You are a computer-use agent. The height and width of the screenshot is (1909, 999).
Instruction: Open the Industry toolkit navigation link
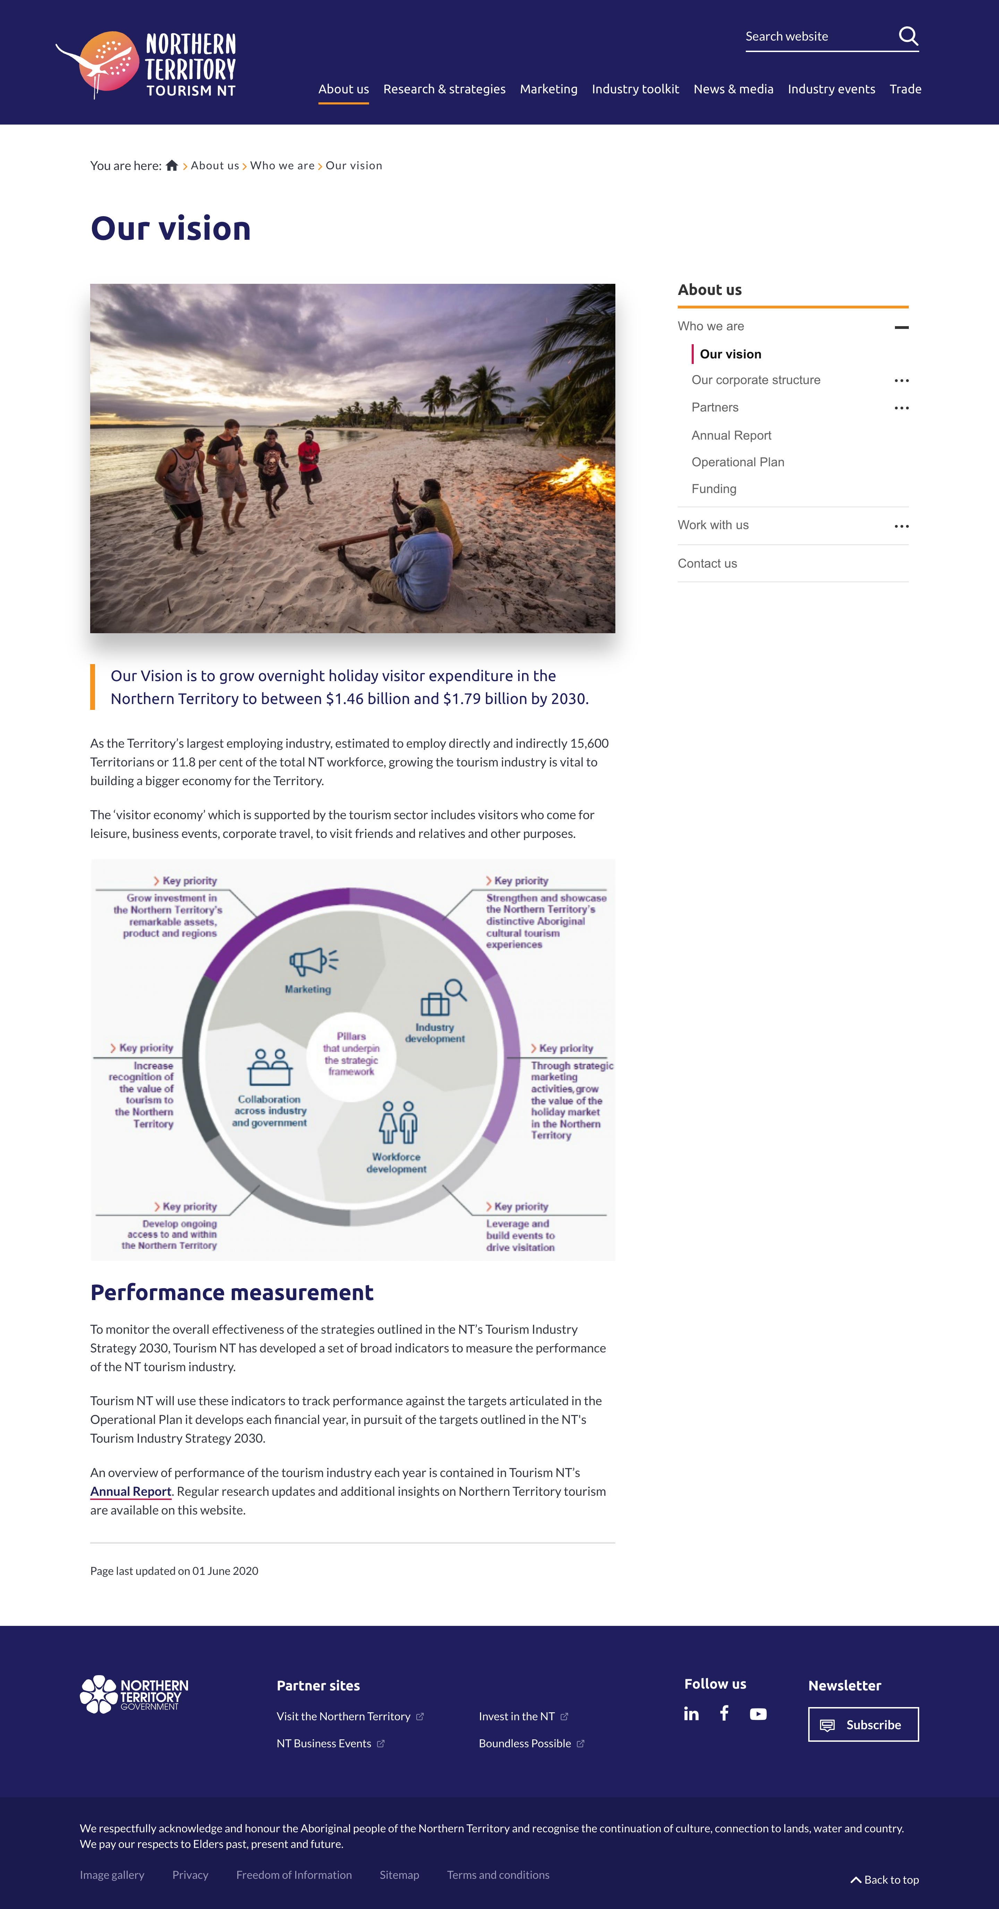(635, 89)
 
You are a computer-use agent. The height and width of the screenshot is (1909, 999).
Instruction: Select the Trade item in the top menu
(905, 89)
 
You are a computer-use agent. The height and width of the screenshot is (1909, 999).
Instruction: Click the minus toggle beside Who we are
(901, 327)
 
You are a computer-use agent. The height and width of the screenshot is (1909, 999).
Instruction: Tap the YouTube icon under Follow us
(758, 1714)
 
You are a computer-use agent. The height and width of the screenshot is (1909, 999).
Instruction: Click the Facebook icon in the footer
(724, 1713)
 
